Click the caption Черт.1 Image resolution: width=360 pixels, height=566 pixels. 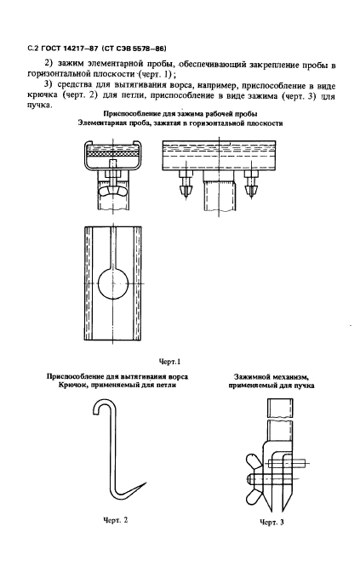169,361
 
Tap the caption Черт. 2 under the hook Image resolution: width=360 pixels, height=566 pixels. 115,520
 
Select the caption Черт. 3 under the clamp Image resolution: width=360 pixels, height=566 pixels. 271,522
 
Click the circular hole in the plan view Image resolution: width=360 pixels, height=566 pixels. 113,283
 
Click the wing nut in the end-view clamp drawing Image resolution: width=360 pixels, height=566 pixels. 113,191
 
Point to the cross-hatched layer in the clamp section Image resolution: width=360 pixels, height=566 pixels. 113,154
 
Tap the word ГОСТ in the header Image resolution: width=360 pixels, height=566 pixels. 48,49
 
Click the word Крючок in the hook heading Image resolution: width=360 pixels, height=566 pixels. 69,386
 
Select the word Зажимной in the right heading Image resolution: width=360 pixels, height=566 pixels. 249,377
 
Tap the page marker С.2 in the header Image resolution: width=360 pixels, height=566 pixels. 33,49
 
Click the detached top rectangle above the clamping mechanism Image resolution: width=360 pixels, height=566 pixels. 280,407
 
